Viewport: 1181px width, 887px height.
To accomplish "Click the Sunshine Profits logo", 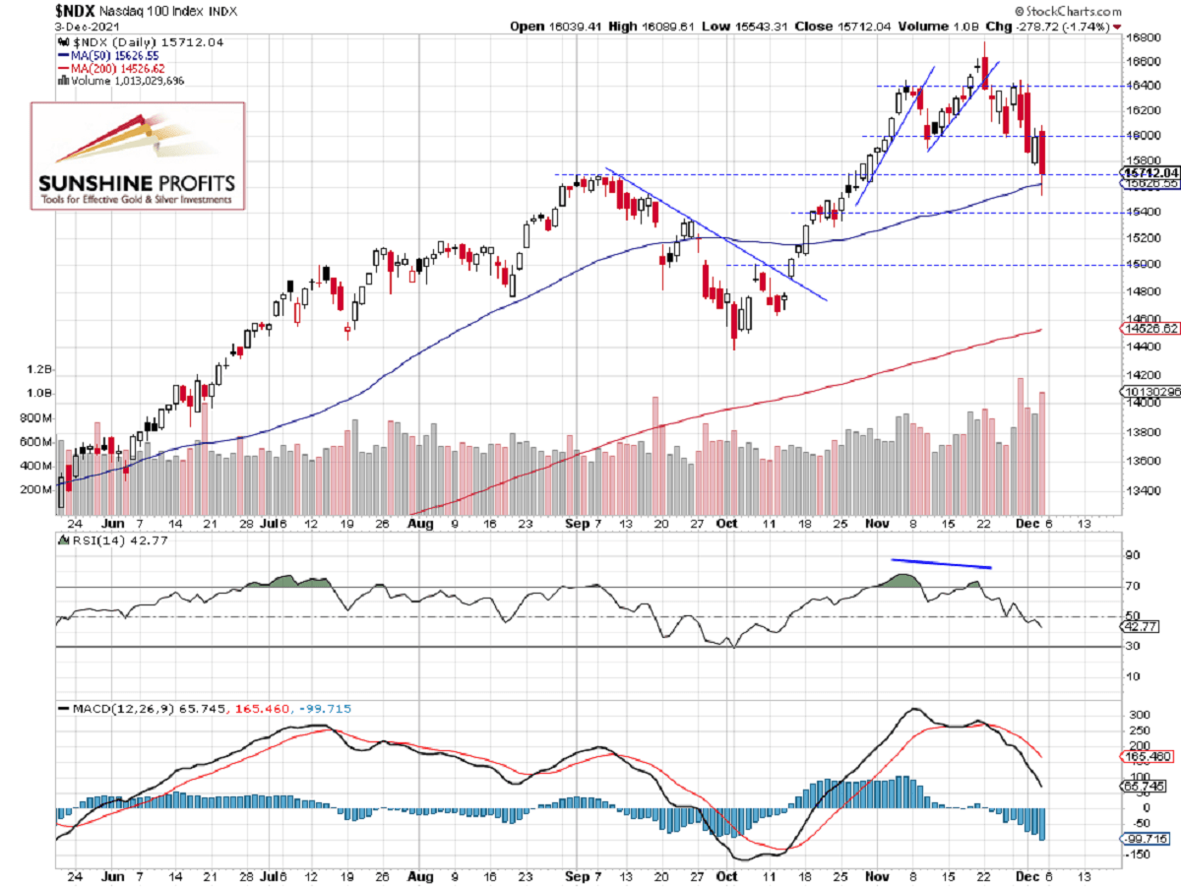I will (x=138, y=155).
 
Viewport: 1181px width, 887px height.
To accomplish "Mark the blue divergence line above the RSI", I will (x=941, y=564).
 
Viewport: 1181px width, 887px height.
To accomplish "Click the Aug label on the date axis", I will (x=420, y=525).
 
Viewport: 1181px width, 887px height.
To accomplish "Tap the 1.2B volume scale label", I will (x=40, y=370).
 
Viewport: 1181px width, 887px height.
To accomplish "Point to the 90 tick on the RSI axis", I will (x=1132, y=556).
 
